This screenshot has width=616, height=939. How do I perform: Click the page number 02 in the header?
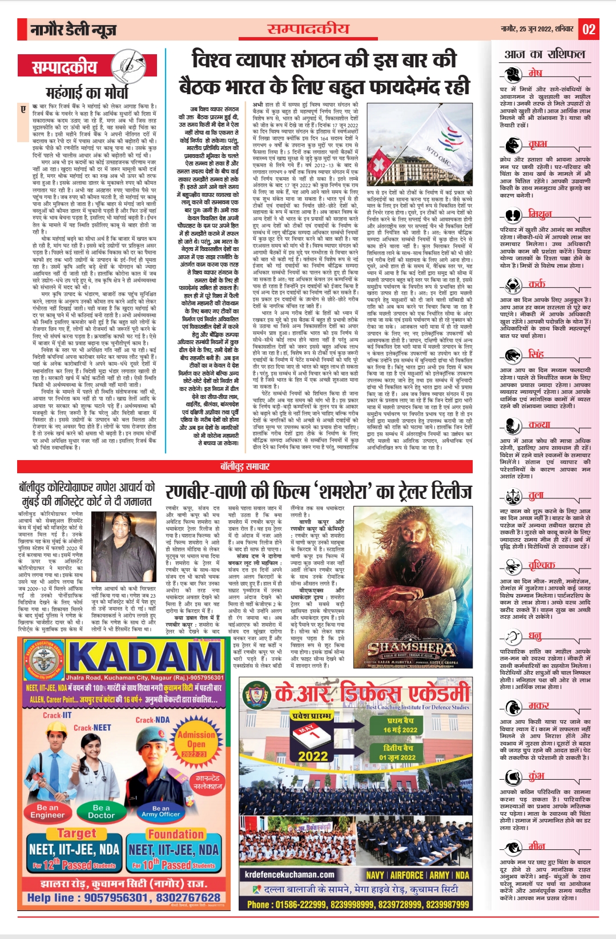[x=589, y=29]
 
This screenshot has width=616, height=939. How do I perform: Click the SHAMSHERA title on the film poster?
[x=411, y=648]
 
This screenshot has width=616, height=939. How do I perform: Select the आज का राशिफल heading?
[x=545, y=54]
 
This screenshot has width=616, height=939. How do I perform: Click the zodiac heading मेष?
[x=535, y=73]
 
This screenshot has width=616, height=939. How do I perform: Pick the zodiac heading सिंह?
[x=536, y=354]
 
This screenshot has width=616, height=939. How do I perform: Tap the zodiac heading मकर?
[x=538, y=706]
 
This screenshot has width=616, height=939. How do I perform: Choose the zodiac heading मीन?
[x=536, y=846]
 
